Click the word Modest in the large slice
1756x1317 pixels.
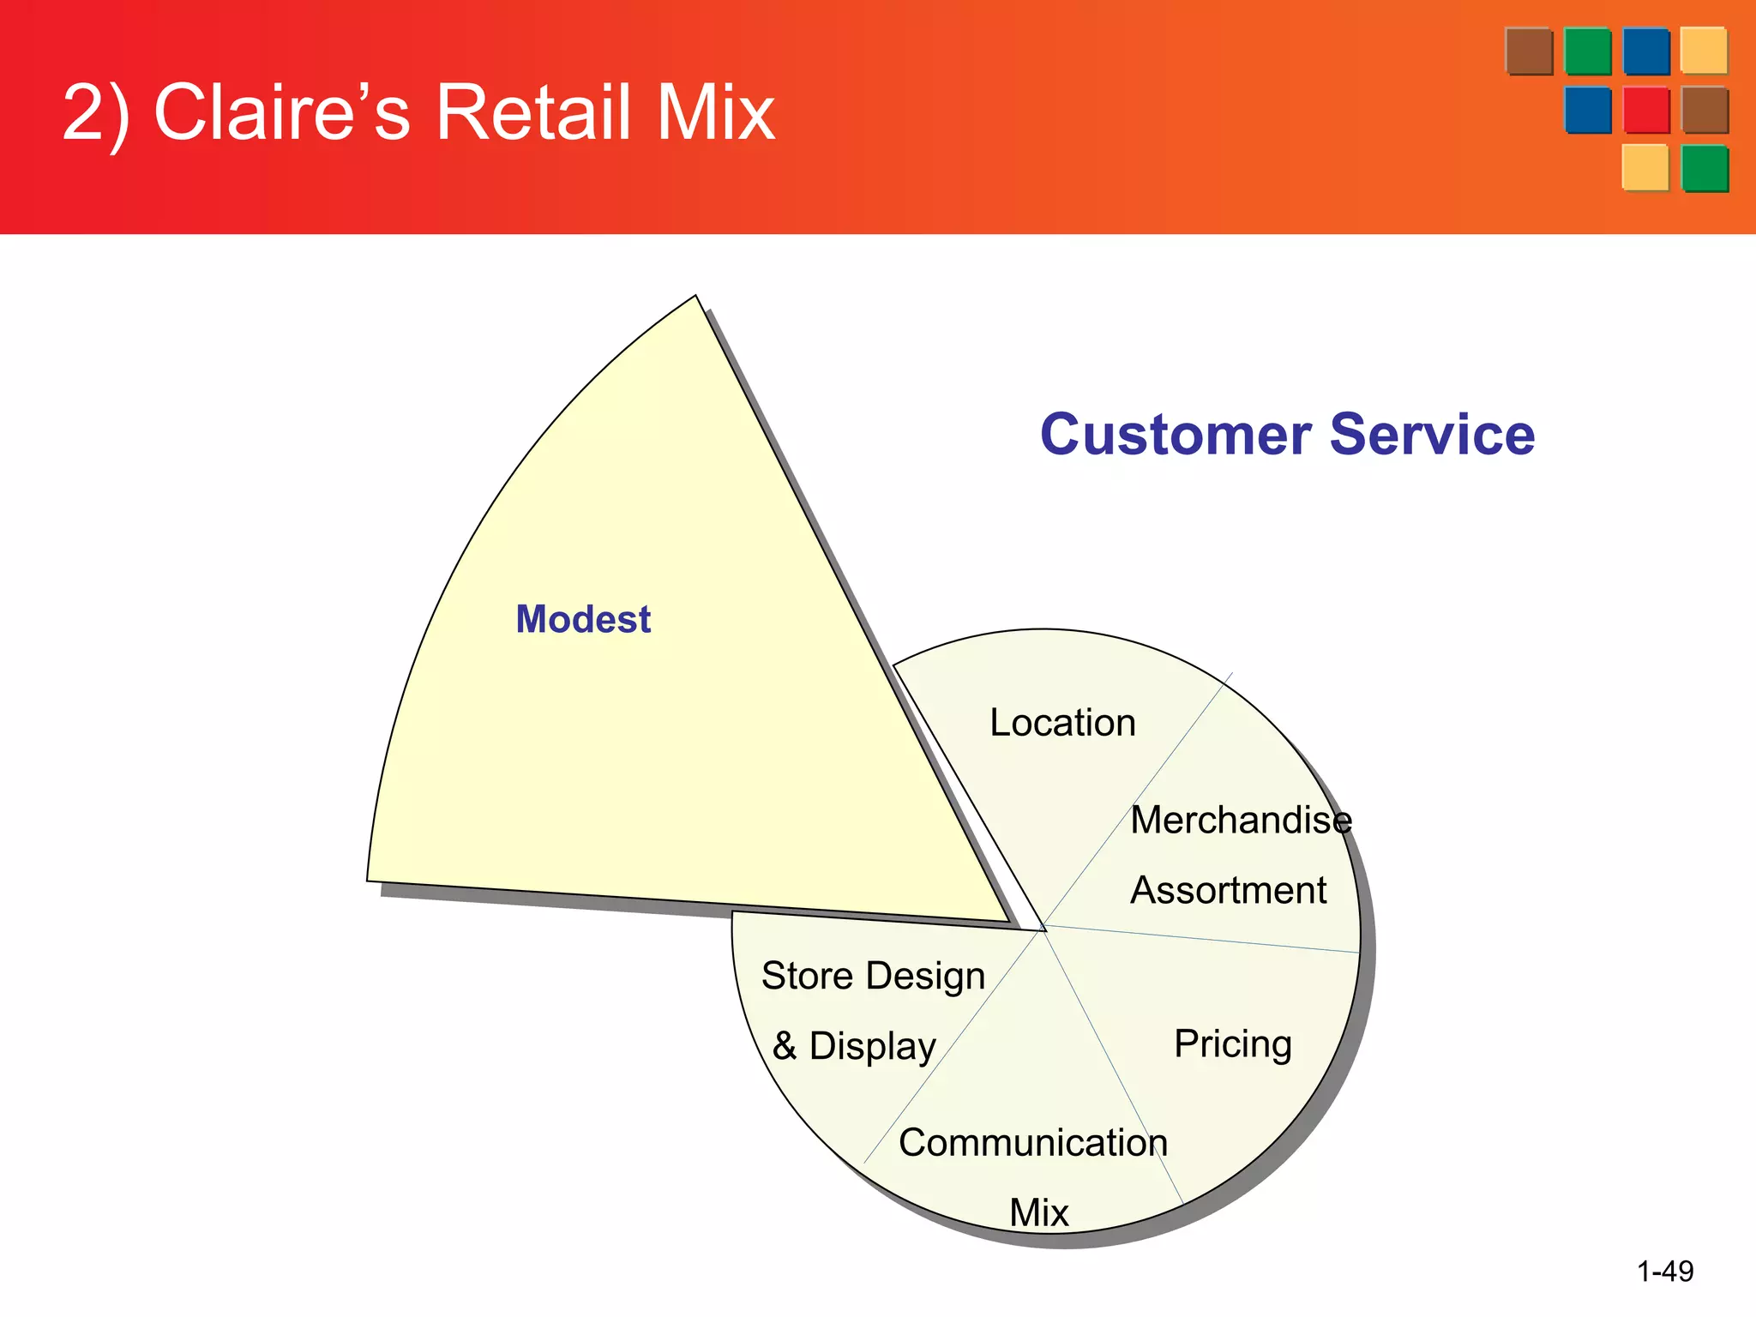(583, 619)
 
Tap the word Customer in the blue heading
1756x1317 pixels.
(1176, 435)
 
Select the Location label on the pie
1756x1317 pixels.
(1062, 723)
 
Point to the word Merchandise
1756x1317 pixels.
(1241, 821)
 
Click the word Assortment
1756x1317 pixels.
(1228, 890)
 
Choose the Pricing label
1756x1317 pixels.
(1232, 1044)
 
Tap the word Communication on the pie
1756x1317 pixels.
(1033, 1143)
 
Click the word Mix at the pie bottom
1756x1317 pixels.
(1039, 1212)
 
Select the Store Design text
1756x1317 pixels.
(873, 976)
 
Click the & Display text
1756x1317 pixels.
(854, 1046)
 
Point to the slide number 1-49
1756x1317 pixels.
(1665, 1271)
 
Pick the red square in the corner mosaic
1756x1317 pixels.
(1645, 110)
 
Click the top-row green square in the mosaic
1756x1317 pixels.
(1587, 51)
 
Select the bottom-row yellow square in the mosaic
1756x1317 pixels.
(1645, 167)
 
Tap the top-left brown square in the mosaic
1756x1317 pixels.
(1529, 51)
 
